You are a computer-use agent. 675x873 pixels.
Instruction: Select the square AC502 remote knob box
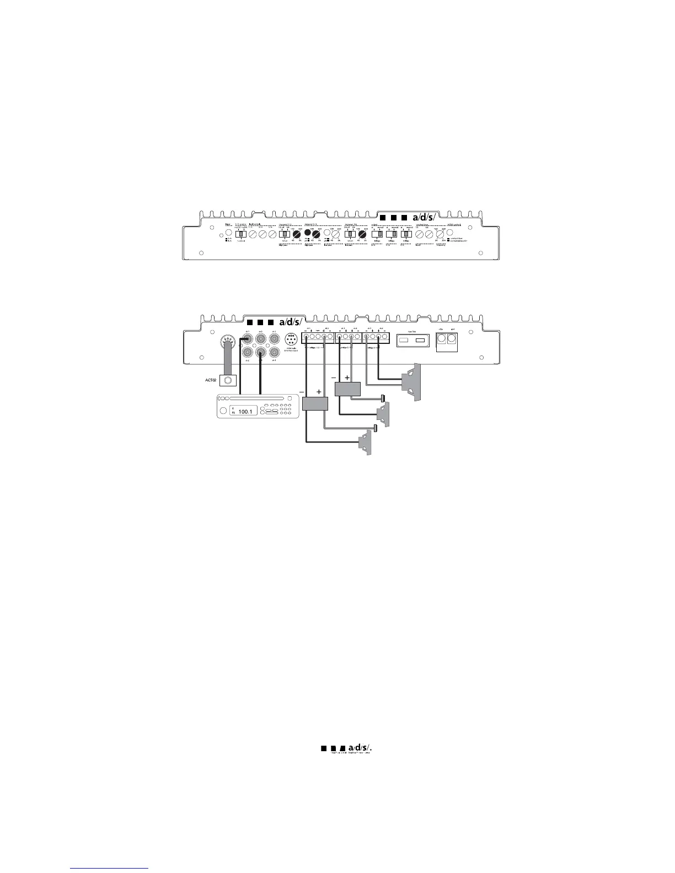(x=228, y=380)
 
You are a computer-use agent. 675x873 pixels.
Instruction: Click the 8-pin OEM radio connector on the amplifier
(x=291, y=340)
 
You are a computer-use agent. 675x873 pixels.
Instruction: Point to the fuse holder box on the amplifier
(x=413, y=342)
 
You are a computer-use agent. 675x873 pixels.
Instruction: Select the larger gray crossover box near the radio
(x=315, y=403)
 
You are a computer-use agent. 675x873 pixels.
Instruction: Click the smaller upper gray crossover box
(x=347, y=389)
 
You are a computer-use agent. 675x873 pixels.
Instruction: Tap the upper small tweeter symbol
(x=383, y=398)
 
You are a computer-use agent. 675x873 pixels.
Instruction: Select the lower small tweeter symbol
(x=376, y=428)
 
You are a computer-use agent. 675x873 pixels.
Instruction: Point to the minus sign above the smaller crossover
(x=334, y=378)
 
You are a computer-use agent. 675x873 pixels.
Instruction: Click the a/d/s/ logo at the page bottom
(x=350, y=748)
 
